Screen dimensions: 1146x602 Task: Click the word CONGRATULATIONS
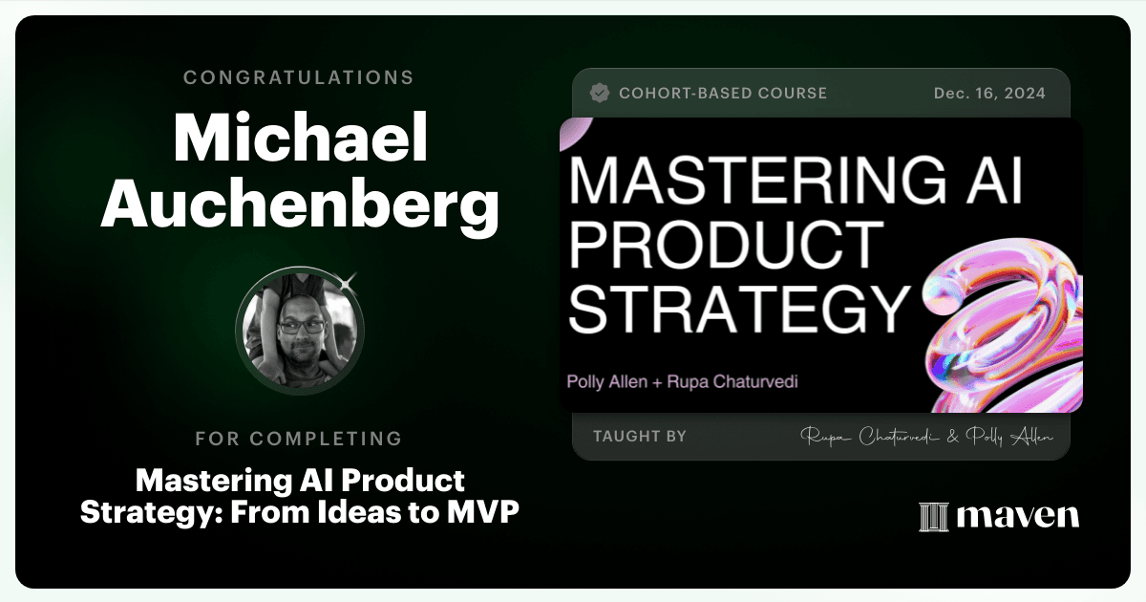[298, 77]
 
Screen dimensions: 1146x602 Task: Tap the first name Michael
[300, 138]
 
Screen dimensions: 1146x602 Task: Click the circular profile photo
[300, 331]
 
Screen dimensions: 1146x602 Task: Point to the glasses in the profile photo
[302, 326]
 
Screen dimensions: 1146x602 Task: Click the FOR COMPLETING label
[299, 439]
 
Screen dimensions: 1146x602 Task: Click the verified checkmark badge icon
[600, 93]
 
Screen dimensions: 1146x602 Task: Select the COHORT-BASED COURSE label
[723, 94]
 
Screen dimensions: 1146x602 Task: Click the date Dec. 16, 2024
[989, 94]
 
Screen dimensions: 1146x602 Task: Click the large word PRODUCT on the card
[727, 245]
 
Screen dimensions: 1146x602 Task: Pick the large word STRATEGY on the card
[739, 309]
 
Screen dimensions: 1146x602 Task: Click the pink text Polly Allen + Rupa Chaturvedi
[683, 381]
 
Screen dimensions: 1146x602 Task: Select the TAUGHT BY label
[640, 436]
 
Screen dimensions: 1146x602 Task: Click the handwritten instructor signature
[926, 437]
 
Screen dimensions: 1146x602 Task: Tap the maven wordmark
[1018, 515]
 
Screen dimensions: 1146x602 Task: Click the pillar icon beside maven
[934, 517]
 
